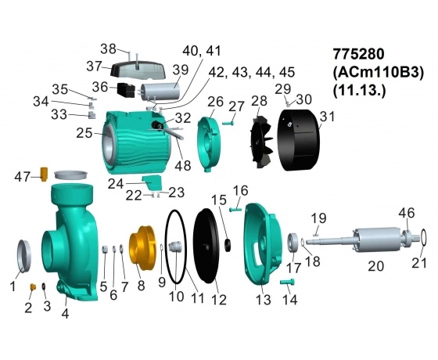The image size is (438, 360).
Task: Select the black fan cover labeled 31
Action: [298, 140]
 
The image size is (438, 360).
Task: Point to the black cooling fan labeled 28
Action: [261, 142]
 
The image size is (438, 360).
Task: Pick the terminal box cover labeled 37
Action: [138, 70]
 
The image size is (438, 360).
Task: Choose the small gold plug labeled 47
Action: [44, 175]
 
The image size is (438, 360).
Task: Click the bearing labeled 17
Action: [293, 243]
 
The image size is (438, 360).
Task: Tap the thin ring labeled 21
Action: [420, 238]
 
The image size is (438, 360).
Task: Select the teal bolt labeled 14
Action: [287, 282]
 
